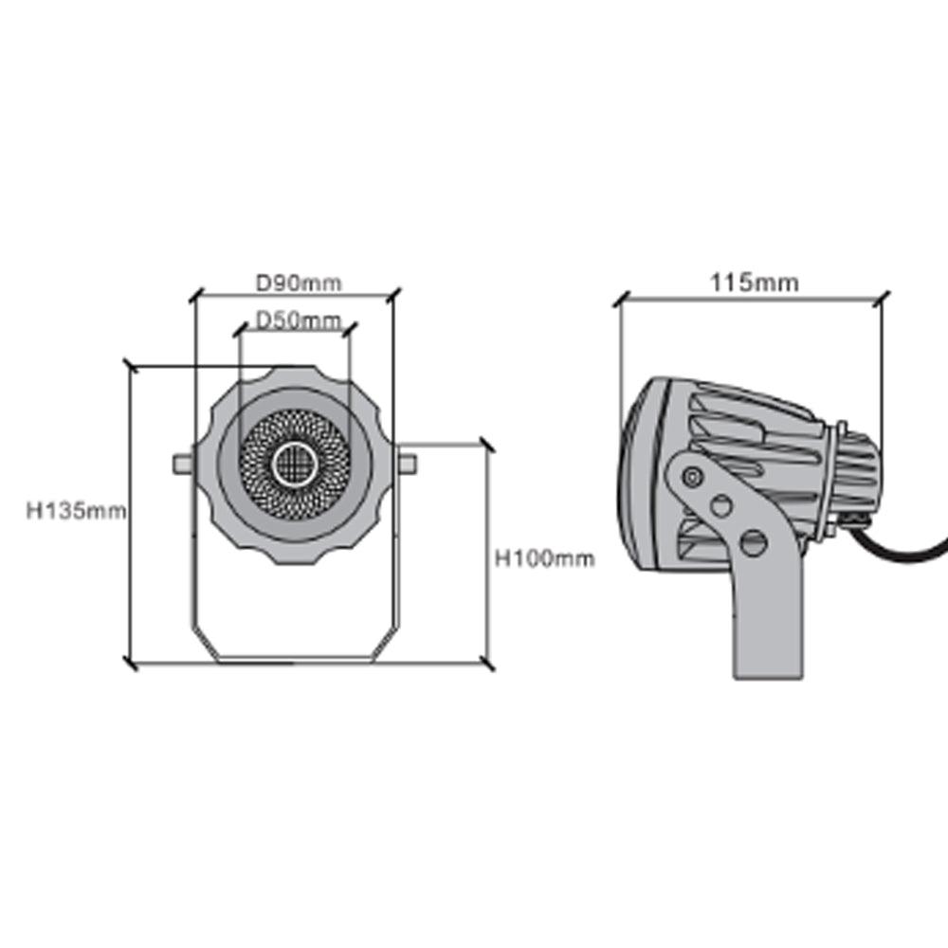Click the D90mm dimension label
[299, 283]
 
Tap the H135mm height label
[76, 512]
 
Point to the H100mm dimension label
[545, 559]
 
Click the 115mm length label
[754, 283]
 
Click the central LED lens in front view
[294, 465]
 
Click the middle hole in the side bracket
[722, 505]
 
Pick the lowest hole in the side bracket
[755, 542]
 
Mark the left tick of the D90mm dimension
[193, 297]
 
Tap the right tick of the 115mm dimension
[883, 299]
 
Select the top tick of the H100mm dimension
[487, 446]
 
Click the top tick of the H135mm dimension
[132, 366]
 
